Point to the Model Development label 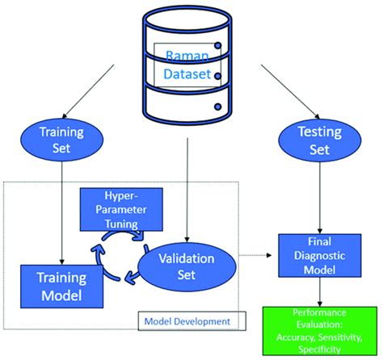click(x=187, y=320)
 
